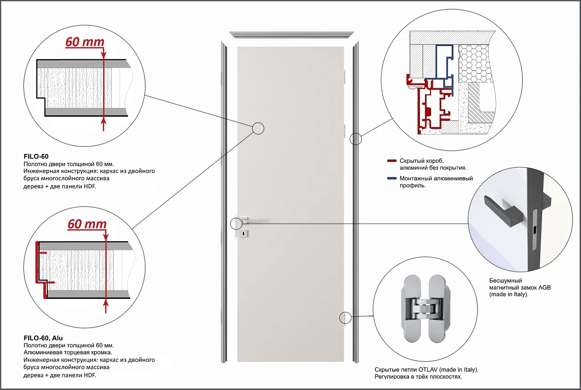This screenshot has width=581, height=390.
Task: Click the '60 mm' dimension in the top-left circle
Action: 84,42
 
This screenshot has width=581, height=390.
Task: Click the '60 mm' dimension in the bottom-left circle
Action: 87,224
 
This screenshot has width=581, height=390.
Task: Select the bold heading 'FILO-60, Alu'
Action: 43,338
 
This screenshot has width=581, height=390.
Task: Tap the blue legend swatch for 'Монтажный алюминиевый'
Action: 392,178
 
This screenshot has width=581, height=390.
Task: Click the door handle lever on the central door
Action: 253,220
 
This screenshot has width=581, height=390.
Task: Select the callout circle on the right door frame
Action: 356,138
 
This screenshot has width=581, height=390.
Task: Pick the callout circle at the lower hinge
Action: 345,318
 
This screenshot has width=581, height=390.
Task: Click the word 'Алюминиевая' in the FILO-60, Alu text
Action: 40,352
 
